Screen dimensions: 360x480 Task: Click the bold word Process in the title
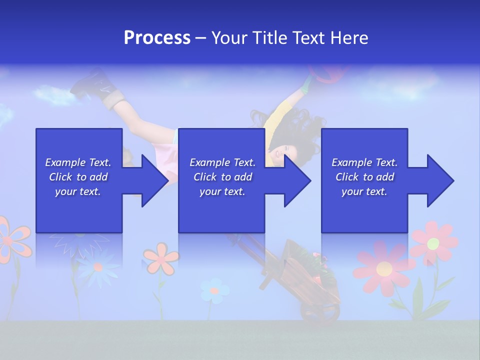pos(157,38)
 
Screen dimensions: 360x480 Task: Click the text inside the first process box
pos(78,177)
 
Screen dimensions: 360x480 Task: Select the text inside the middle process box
pos(222,177)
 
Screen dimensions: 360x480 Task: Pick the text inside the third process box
pos(364,177)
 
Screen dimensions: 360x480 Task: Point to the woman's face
pos(282,150)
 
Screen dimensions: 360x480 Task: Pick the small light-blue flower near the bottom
pos(214,290)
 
